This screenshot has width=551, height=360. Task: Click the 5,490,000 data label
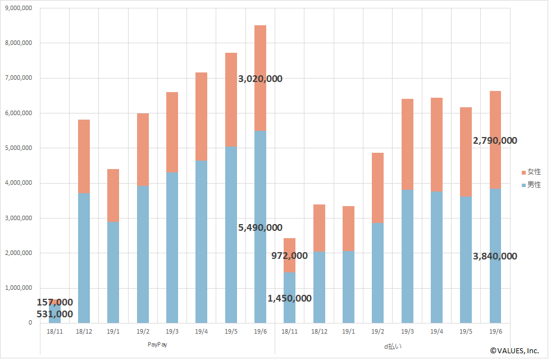[260, 227]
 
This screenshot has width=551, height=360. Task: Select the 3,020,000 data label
[260, 79]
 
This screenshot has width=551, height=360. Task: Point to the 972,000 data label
[289, 256]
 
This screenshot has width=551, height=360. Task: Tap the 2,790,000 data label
[495, 141]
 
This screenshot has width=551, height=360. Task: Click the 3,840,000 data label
[495, 257]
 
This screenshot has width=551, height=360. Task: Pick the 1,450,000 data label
[289, 299]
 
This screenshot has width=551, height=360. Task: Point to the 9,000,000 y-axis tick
[18, 8]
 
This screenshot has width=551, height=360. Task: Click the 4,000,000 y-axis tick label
[18, 183]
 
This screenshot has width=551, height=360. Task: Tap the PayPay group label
[157, 345]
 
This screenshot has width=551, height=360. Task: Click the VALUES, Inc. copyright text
[514, 351]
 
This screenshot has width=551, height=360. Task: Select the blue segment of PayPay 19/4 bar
[202, 241]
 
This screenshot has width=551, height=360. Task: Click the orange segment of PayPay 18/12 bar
[84, 156]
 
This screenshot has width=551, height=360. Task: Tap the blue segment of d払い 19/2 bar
[377, 272]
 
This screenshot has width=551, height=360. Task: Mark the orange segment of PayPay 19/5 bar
[231, 100]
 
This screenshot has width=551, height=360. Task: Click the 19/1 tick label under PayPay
[113, 331]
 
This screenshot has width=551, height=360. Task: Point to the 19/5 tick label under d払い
[466, 331]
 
